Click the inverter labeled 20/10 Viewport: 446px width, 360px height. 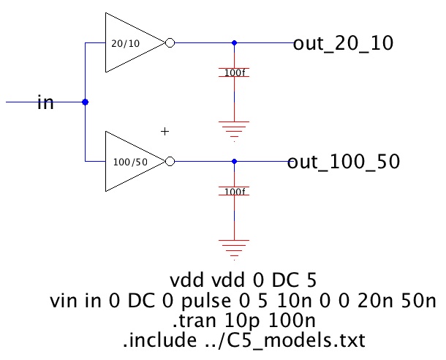click(132, 42)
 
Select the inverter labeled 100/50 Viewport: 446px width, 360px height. click(132, 161)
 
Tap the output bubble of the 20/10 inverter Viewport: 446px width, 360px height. click(170, 42)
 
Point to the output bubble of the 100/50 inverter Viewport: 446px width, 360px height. click(170, 161)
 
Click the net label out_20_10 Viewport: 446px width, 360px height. click(343, 43)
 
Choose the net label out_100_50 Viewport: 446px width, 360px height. click(343, 162)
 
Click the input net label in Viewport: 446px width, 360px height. click(45, 102)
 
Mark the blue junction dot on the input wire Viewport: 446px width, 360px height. click(86, 102)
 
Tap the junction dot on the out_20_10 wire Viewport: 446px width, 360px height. click(234, 42)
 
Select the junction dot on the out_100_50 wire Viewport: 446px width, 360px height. click(234, 161)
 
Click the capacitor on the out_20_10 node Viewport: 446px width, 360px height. click(234, 73)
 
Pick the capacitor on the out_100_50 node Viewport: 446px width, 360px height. click(234, 192)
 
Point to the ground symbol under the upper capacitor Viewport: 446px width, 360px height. click(234, 127)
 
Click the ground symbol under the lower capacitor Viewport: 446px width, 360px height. click(234, 246)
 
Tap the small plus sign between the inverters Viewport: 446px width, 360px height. click(165, 132)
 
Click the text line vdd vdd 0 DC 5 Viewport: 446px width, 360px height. click(242, 282)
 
